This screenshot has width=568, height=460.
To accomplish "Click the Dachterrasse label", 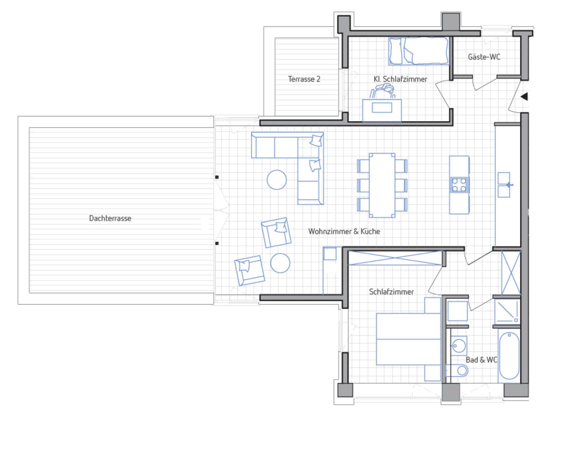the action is point(110,218).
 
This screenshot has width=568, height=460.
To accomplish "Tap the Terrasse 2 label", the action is point(304,79).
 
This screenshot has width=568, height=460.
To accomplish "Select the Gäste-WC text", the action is point(484,57).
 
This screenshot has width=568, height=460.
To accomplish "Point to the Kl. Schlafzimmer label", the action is point(400,79).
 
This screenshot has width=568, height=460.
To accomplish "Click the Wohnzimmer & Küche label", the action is point(344,232).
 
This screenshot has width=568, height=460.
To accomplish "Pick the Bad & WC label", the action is point(481,360).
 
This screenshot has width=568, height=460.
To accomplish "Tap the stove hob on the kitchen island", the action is point(459,185).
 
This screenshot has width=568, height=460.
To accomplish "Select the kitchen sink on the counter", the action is point(504,185).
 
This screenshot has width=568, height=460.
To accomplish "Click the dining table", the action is point(382,185).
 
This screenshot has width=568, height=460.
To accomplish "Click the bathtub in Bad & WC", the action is point(509,356).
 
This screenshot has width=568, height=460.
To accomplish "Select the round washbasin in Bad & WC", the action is point(459,346).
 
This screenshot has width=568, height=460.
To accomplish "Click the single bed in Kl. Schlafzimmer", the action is point(419,51).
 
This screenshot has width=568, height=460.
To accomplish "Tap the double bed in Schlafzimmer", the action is point(408,339).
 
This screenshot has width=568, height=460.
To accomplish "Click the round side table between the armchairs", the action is point(280,263).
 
